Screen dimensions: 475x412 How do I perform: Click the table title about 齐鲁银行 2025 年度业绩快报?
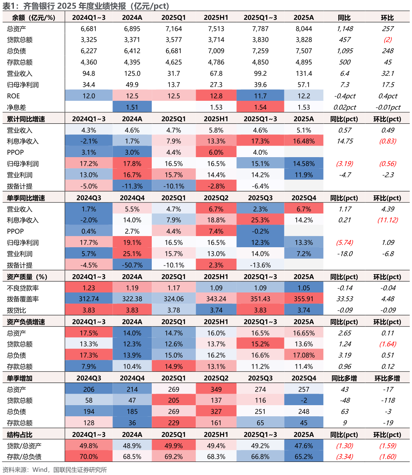(x=86, y=6)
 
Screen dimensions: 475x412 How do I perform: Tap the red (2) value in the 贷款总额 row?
(x=387, y=40)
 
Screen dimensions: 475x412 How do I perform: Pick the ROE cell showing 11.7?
(x=260, y=96)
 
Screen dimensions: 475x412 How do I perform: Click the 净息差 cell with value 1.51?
(x=132, y=107)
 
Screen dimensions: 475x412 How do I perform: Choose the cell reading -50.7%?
(x=132, y=265)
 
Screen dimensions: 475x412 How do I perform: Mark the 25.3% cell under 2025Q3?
(x=260, y=220)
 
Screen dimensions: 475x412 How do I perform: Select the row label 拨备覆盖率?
(x=23, y=299)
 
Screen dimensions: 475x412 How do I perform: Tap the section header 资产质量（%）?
(x=27, y=277)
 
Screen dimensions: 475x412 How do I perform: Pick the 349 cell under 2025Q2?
(x=216, y=390)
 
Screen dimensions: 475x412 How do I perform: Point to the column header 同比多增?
(x=344, y=378)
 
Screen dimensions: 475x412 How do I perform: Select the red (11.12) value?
(x=387, y=220)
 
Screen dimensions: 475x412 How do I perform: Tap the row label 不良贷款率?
(x=23, y=288)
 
